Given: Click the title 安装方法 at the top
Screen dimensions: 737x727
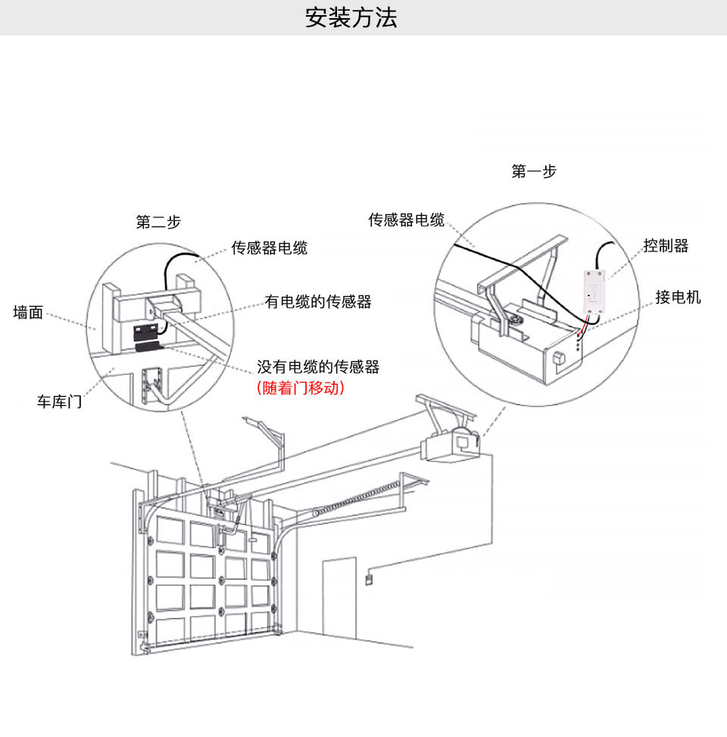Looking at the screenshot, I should point(351,17).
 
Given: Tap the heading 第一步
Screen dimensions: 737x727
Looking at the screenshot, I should point(534,171).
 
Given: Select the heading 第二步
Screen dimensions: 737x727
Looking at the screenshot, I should point(158,222).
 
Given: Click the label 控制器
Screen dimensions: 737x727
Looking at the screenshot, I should point(666,245).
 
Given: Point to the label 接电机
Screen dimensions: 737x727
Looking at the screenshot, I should point(678,297).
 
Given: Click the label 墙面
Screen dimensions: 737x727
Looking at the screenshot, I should point(29,312).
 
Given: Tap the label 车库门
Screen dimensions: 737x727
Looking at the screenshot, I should point(59,401).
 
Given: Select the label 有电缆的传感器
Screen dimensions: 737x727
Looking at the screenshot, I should point(318,301).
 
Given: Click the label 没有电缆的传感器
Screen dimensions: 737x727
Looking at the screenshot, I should point(318,367).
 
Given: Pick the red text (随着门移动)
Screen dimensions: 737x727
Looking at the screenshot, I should point(301,388).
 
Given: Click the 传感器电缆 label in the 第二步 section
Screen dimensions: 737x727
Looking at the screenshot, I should point(270,248).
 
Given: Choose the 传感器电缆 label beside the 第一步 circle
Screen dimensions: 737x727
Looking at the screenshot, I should point(407,220).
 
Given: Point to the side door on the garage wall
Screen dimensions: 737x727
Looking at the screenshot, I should point(339,598).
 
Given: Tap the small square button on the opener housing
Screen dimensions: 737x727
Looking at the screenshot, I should point(558,356).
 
